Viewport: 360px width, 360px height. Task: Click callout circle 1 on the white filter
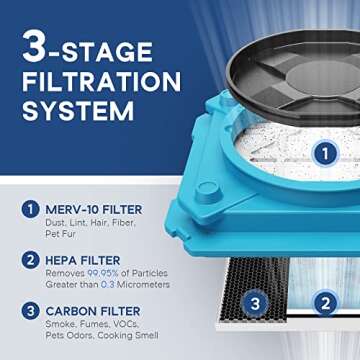click(x=323, y=153)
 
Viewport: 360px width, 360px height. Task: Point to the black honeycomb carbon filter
click(x=250, y=300)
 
